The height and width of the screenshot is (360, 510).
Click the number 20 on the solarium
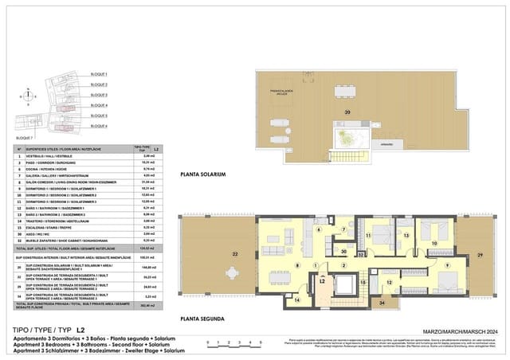coord(347,112)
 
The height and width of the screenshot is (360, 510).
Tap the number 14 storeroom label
coord(275,300)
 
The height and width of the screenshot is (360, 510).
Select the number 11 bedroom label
coord(368,236)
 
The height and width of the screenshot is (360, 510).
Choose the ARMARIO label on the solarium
coord(386,144)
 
